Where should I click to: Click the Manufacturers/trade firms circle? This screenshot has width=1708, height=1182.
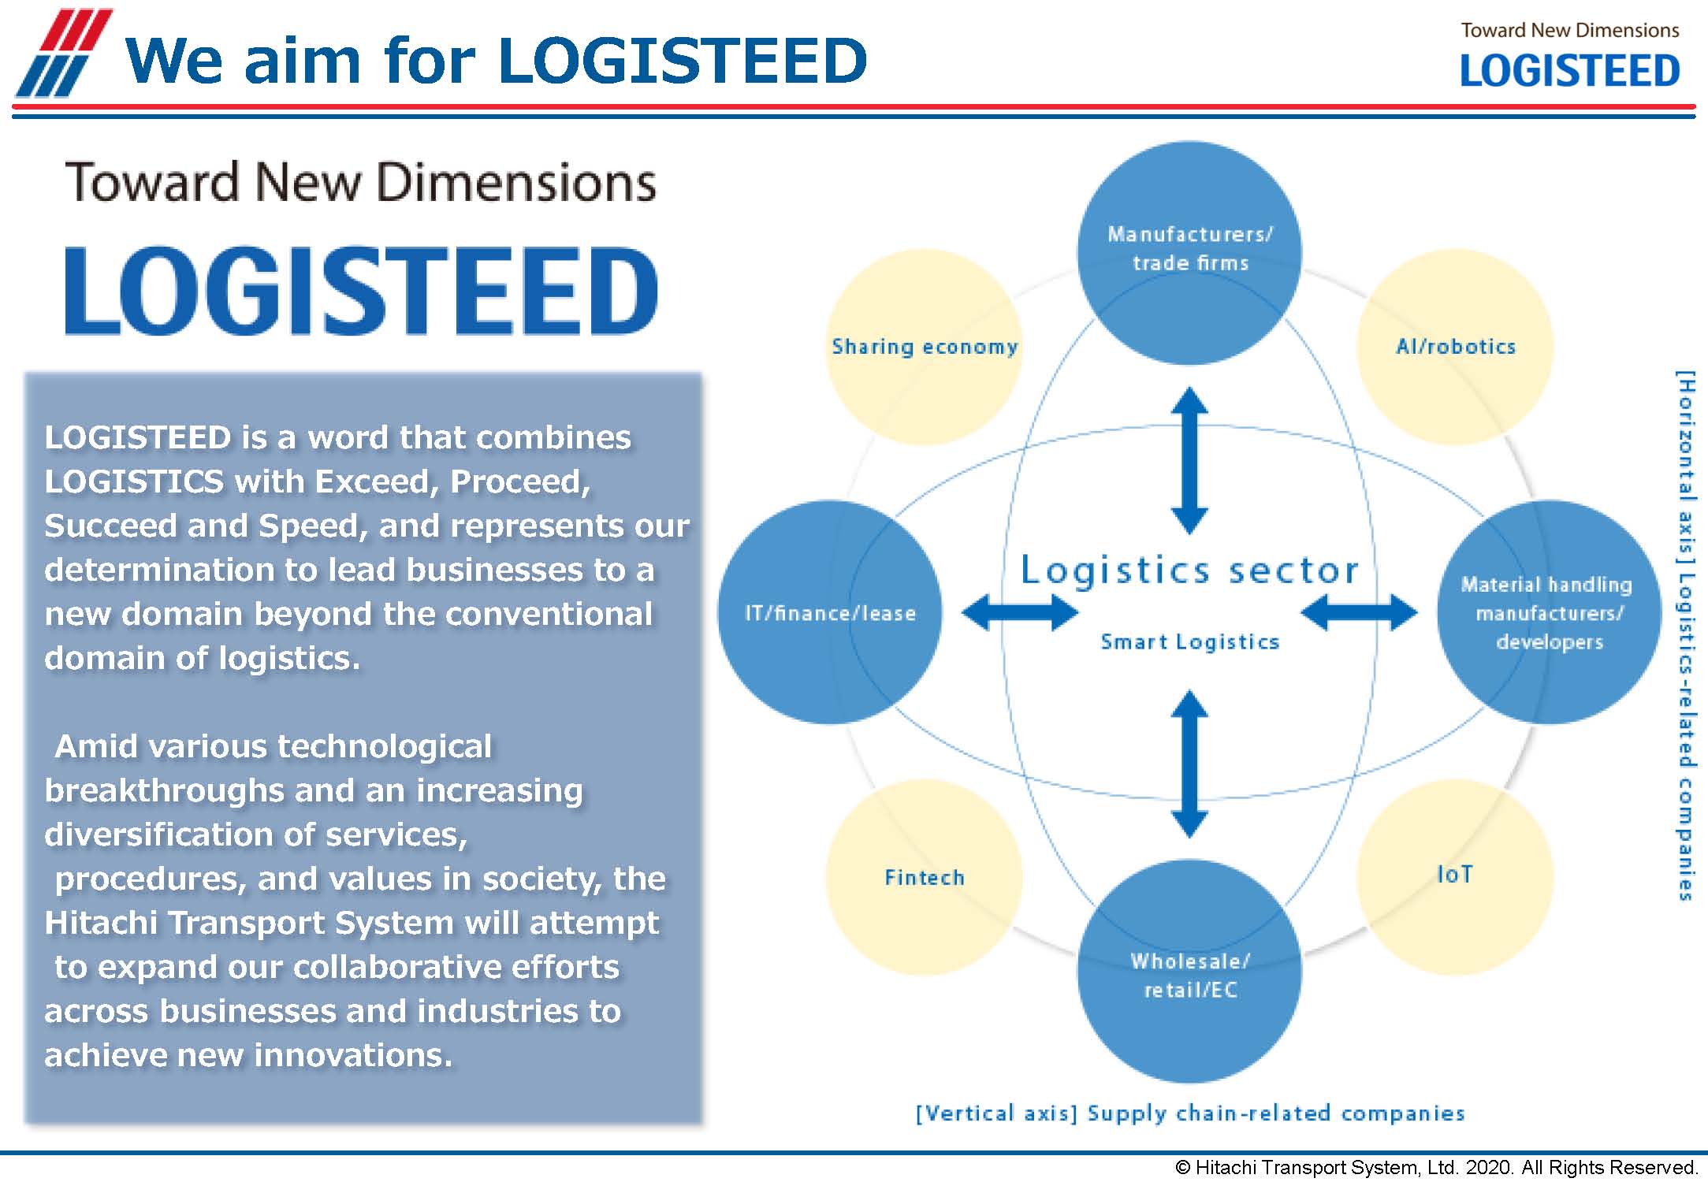(1189, 252)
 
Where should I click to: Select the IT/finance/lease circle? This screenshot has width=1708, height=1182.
(829, 612)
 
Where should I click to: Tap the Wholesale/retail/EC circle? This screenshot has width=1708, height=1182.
(1189, 972)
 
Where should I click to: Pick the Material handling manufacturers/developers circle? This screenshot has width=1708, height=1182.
(1549, 612)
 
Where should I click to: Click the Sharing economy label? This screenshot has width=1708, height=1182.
(925, 347)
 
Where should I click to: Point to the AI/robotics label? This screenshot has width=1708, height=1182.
(1455, 347)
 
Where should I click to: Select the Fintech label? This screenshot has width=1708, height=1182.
(925, 877)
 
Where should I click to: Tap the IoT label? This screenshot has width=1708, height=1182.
(1454, 874)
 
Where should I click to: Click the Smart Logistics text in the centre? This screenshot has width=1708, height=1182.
(1189, 642)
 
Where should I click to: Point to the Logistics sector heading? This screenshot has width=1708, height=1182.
(1189, 570)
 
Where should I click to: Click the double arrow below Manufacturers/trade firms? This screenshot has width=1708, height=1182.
(1189, 460)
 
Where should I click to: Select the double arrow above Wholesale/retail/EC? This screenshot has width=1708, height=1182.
(1189, 764)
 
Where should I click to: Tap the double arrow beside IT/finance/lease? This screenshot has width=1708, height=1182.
(1020, 612)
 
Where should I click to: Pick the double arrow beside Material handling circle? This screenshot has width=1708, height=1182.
(1359, 612)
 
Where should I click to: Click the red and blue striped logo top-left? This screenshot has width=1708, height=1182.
(63, 53)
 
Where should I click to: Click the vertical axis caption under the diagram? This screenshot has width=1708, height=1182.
(1189, 1113)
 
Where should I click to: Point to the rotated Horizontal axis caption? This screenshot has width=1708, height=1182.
(1684, 635)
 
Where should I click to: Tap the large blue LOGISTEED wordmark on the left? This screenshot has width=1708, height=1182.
(361, 290)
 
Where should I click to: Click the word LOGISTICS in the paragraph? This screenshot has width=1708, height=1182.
(134, 481)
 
